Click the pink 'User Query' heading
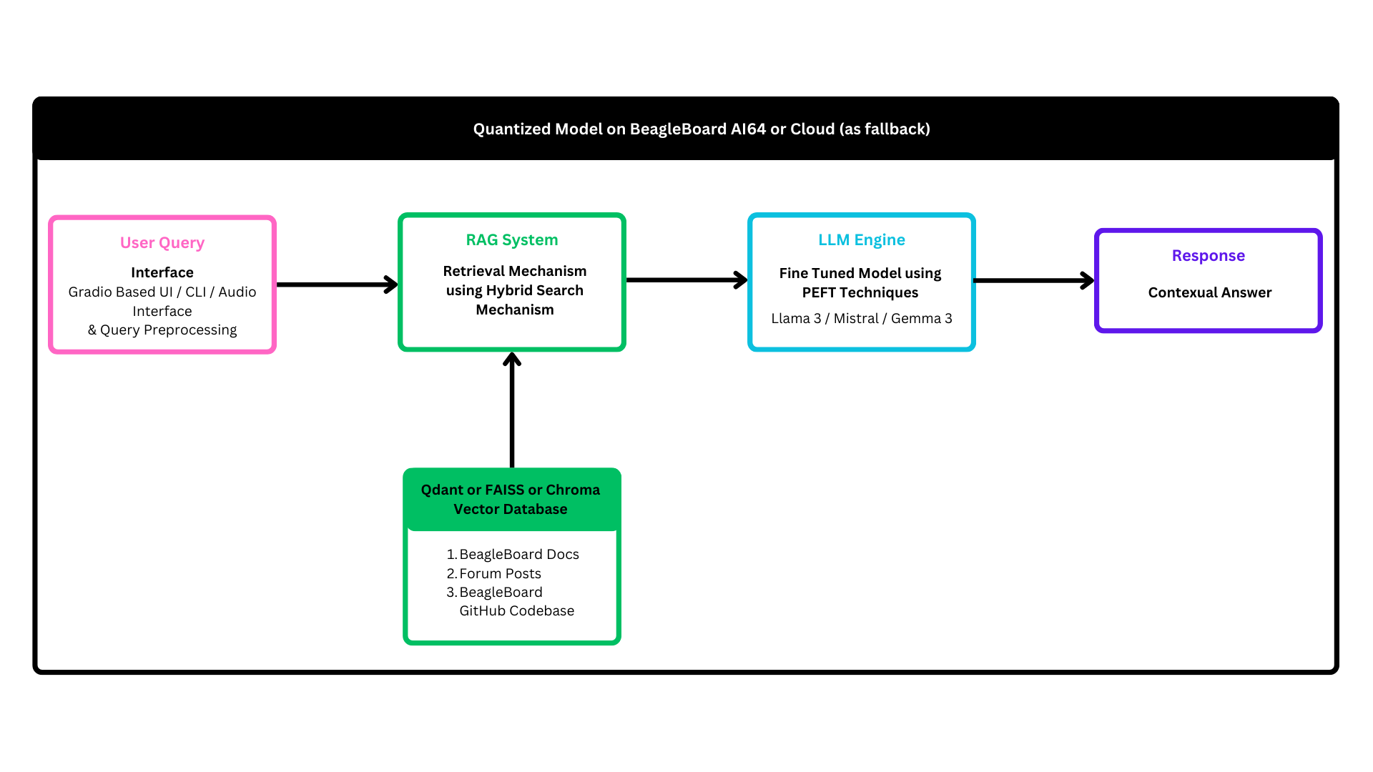(x=162, y=242)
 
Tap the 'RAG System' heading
(x=512, y=239)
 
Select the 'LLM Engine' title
(x=862, y=239)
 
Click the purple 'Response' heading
(x=1209, y=255)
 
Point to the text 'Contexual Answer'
(x=1210, y=292)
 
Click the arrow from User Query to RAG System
(x=336, y=284)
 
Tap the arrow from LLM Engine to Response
(x=1033, y=280)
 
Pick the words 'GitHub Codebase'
(x=516, y=610)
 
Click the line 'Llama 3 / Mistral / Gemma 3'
(x=862, y=318)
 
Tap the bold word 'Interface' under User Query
(x=162, y=272)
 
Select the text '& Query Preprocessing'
(x=162, y=330)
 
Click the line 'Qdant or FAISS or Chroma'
(x=511, y=490)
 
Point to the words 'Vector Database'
(x=511, y=509)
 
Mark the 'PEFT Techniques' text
(x=860, y=292)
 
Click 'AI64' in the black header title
(x=748, y=129)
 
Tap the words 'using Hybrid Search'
(x=515, y=290)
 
